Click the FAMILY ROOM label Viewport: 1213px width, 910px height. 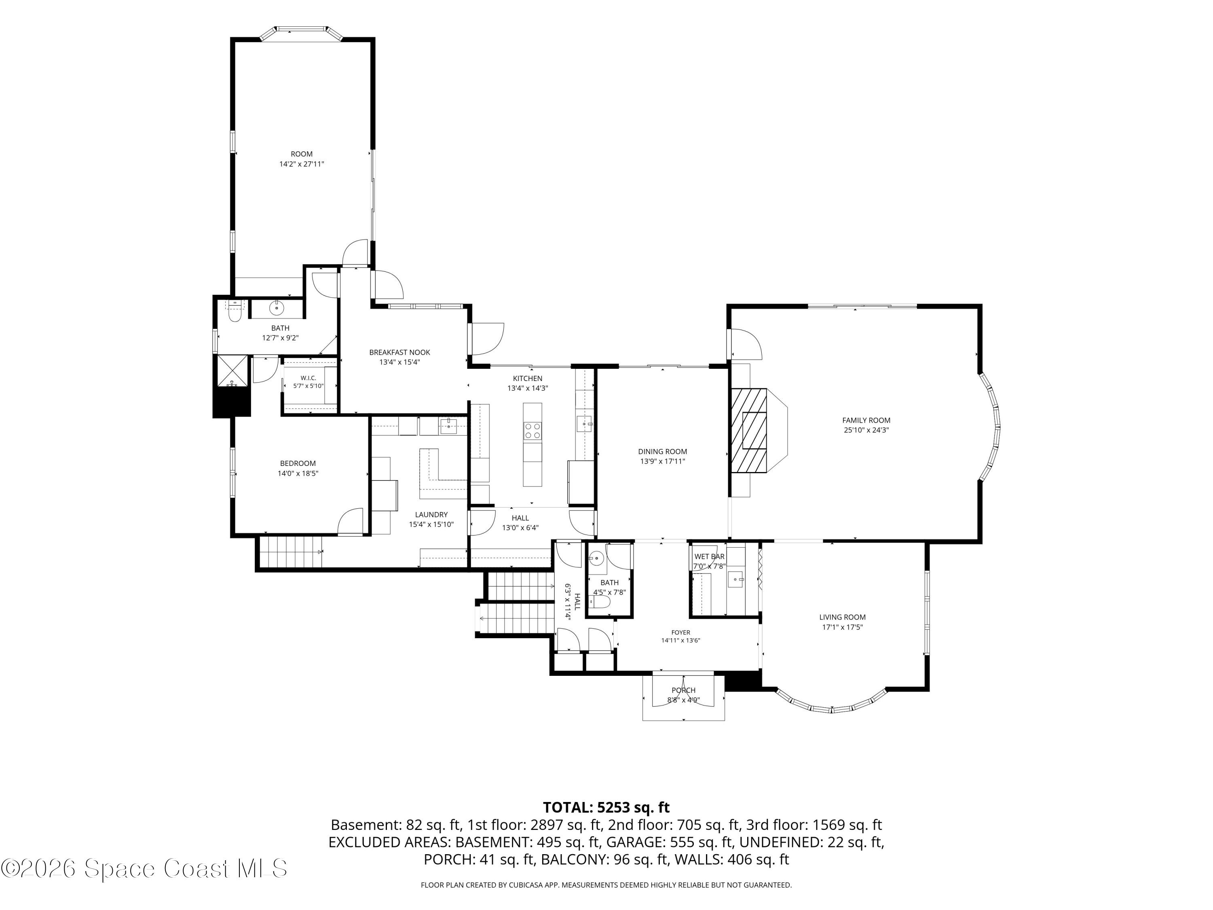pyautogui.click(x=866, y=420)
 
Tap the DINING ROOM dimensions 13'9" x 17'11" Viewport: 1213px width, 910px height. pyautogui.click(x=662, y=461)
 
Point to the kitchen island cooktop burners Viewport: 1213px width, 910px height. pyautogui.click(x=533, y=431)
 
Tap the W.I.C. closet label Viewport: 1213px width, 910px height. pyautogui.click(x=308, y=378)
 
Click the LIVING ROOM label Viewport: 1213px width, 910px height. pyautogui.click(x=842, y=617)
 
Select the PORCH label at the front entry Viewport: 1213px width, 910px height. pyautogui.click(x=683, y=690)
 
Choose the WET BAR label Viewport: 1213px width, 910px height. pyautogui.click(x=709, y=556)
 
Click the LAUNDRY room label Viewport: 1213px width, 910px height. pyautogui.click(x=431, y=514)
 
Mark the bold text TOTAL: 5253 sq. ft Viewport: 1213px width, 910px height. pyautogui.click(x=606, y=807)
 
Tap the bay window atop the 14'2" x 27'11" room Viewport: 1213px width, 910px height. pyautogui.click(x=302, y=32)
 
